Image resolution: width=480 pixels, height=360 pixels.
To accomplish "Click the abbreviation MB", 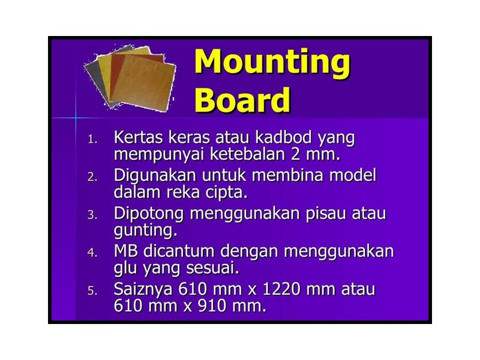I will click(x=127, y=251).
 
